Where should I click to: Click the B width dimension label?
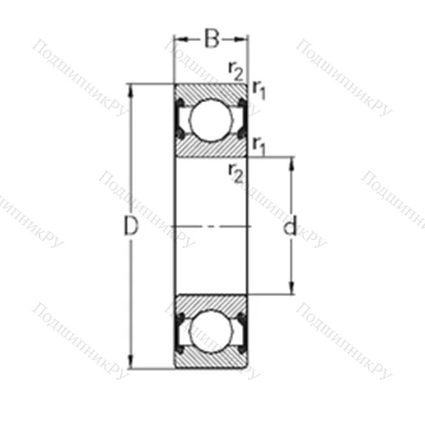pyautogui.click(x=211, y=37)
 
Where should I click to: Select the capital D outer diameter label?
pyautogui.click(x=130, y=227)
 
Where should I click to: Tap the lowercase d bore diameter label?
pyautogui.click(x=291, y=227)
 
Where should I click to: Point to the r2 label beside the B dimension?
pyautogui.click(x=235, y=69)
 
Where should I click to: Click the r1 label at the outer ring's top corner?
pyautogui.click(x=259, y=90)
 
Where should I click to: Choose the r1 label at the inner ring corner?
pyautogui.click(x=259, y=145)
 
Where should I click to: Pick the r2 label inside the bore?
pyautogui.click(x=235, y=173)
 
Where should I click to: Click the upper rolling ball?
pyautogui.click(x=211, y=120)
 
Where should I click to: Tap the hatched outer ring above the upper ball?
pyautogui.click(x=211, y=92)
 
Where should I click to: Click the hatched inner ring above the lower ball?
pyautogui.click(x=211, y=303)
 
